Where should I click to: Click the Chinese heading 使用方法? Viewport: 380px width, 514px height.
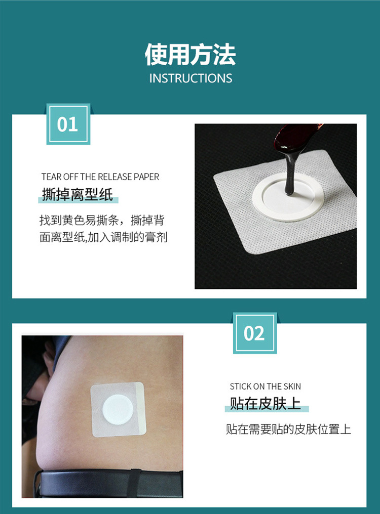[190, 55]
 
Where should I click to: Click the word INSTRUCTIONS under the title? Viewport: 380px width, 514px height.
[191, 78]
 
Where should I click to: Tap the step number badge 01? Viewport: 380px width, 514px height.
[68, 124]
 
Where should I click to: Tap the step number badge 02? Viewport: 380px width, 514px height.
[254, 333]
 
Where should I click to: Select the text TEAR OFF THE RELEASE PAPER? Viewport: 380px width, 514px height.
[100, 177]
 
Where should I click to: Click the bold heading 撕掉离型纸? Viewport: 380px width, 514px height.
[78, 194]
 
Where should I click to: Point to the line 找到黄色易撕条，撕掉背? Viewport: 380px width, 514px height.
[102, 220]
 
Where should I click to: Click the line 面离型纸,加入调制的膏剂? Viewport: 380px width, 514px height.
[103, 237]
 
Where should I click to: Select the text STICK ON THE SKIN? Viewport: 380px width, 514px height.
[265, 387]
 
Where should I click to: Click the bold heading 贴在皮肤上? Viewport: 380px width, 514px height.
[265, 404]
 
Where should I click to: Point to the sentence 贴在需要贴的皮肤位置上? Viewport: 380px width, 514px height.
[288, 429]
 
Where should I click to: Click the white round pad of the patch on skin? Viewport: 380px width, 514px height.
[118, 409]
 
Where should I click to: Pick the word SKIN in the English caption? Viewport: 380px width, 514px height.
[292, 387]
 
